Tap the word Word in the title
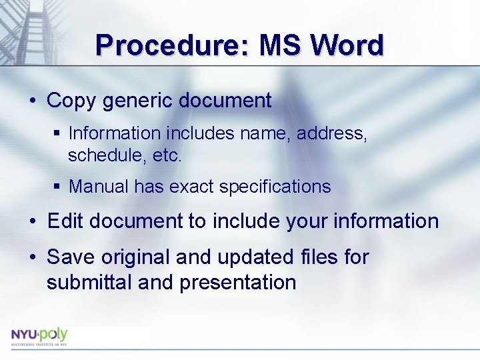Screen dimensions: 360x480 tap(348, 45)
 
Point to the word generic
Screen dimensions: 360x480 tap(137, 101)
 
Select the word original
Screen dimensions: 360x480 tap(139, 257)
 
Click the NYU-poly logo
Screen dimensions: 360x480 tap(39, 335)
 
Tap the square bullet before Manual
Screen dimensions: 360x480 tap(57, 187)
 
